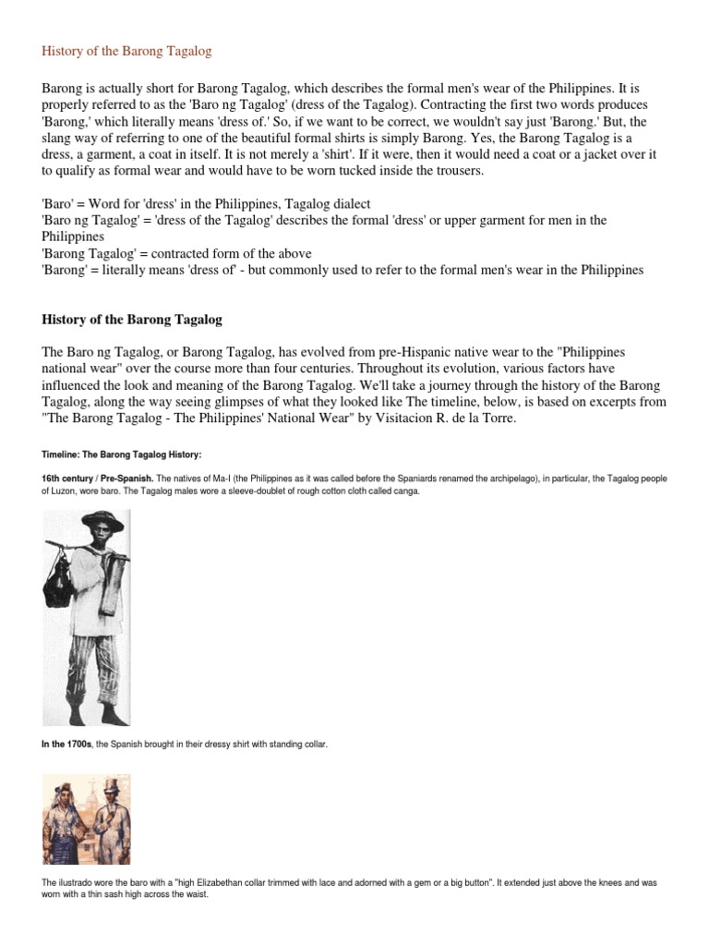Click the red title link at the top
(126, 51)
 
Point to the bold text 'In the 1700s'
(67, 745)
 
